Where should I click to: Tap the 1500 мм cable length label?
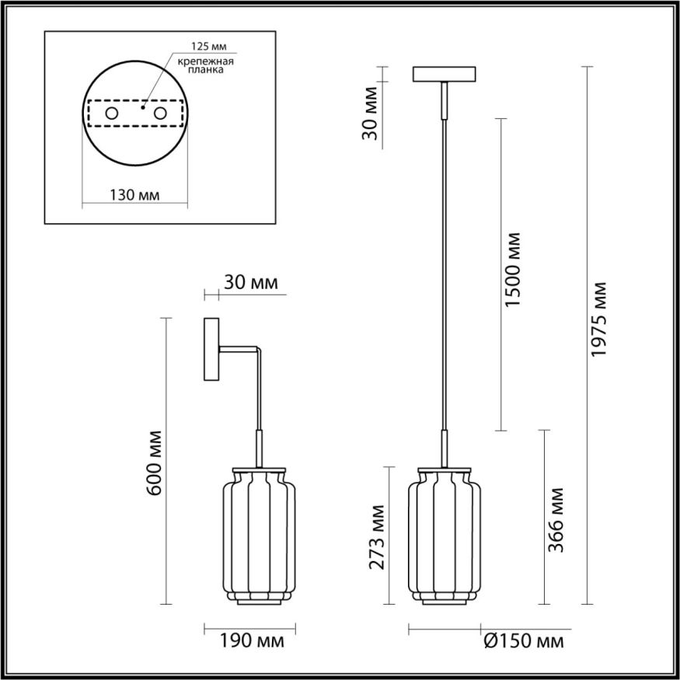pyautogui.click(x=511, y=269)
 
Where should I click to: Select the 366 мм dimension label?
pyautogui.click(x=555, y=520)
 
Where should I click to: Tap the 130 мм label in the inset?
pyautogui.click(x=134, y=195)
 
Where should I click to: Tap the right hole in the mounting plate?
pyautogui.click(x=161, y=114)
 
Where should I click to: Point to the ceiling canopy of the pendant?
pyautogui.click(x=445, y=75)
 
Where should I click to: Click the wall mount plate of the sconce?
pyautogui.click(x=211, y=349)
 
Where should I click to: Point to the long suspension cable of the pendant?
pyautogui.click(x=445, y=272)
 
